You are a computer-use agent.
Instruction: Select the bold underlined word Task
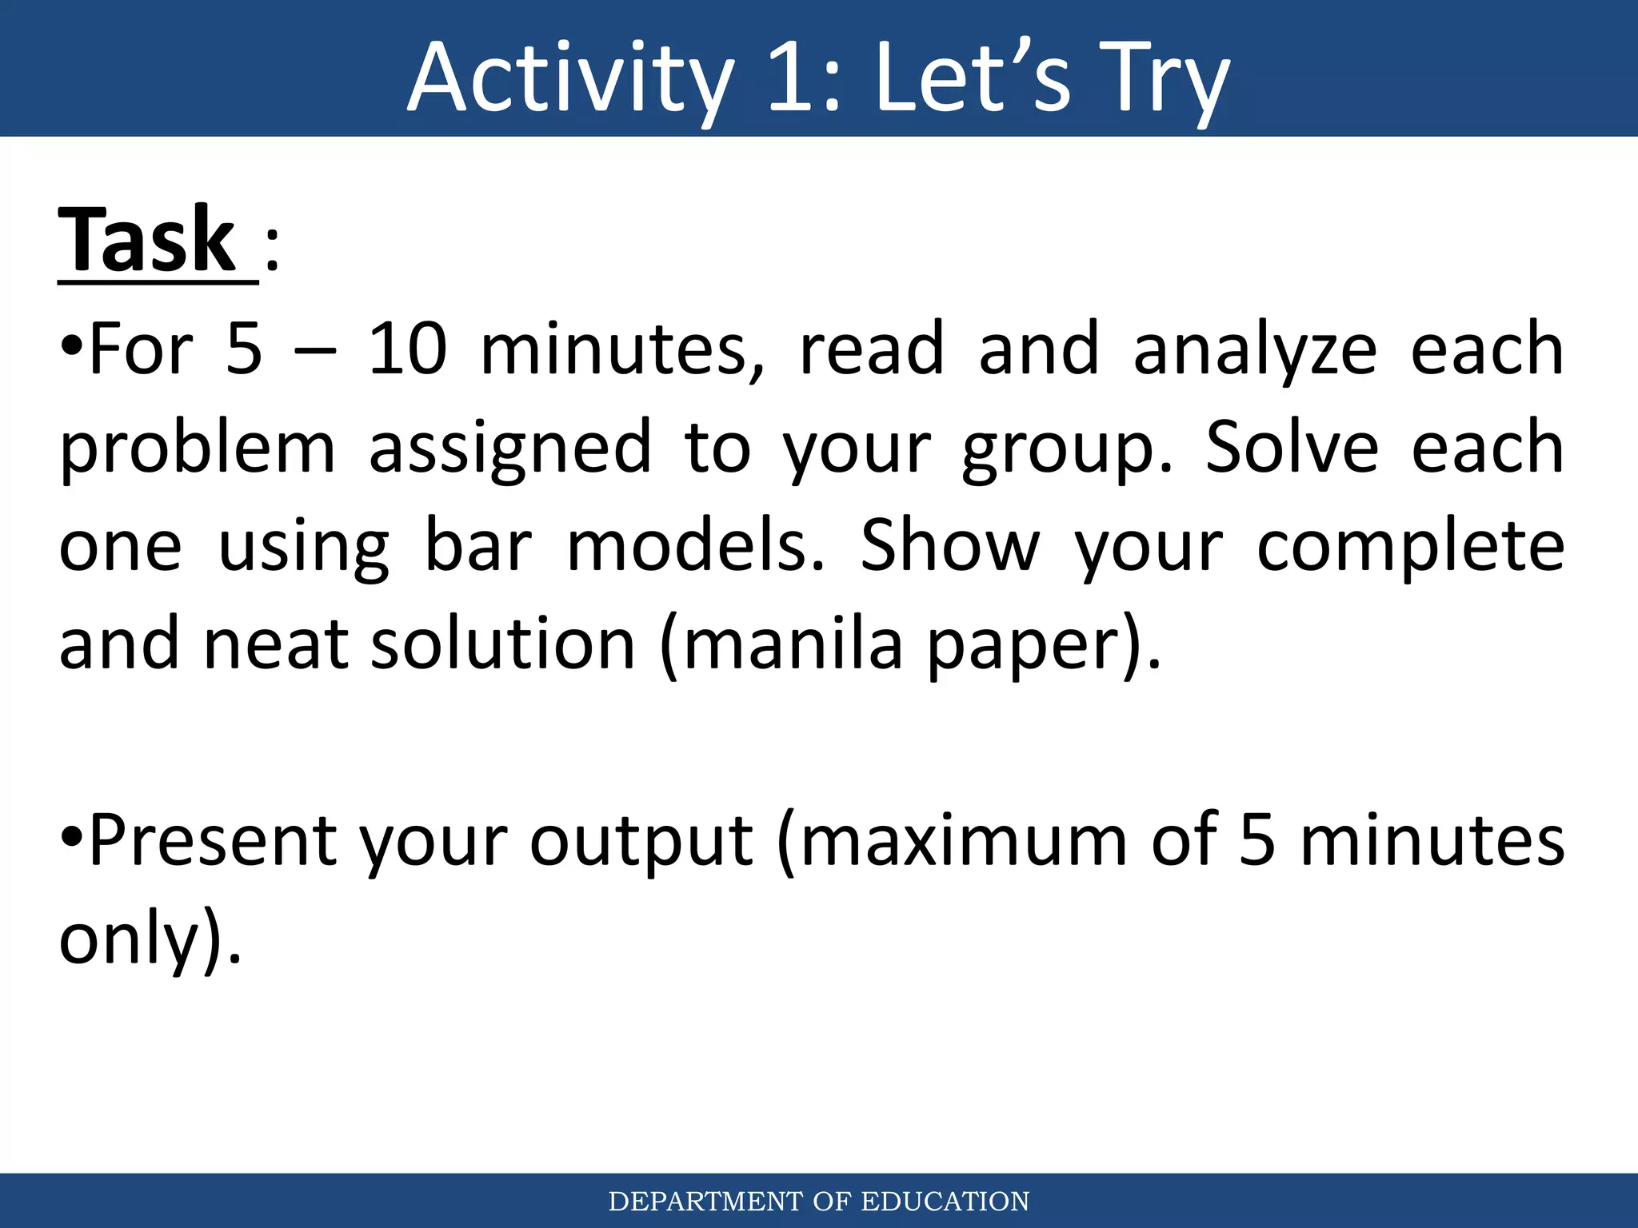pyautogui.click(x=147, y=240)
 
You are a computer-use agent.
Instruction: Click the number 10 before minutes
pyautogui.click(x=407, y=349)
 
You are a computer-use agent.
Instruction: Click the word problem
pyautogui.click(x=197, y=450)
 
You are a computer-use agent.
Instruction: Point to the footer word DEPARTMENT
pyautogui.click(x=705, y=1202)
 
